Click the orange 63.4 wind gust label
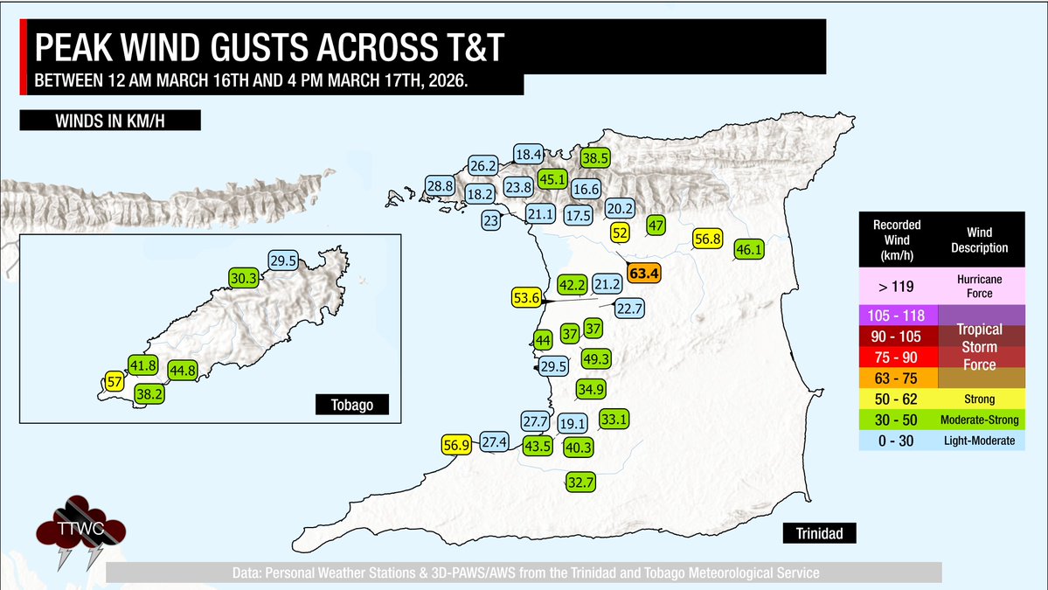coord(643,274)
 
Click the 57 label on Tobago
coord(114,380)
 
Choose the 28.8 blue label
coord(440,185)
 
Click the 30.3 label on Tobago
coord(244,278)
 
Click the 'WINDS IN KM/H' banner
coord(110,120)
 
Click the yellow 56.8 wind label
coord(707,239)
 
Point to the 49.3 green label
coord(595,357)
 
